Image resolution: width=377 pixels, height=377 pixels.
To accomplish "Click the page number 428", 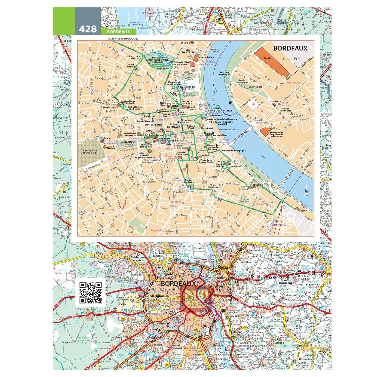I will [x=88, y=29].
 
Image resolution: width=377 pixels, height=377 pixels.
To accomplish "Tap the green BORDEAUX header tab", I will [x=118, y=32].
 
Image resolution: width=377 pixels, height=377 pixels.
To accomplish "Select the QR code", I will [x=90, y=293].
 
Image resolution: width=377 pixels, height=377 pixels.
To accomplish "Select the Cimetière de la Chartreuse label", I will [x=90, y=152].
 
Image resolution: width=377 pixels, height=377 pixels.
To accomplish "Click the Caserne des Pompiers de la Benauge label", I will [x=276, y=134].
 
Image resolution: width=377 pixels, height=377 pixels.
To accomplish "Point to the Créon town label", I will [x=297, y=346].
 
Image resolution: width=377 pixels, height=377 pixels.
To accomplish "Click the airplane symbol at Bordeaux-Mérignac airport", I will [x=124, y=304].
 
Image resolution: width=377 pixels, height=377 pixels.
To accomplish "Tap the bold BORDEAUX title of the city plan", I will [x=290, y=48].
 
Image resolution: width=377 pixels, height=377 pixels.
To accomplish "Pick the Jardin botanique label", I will [x=242, y=81].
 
